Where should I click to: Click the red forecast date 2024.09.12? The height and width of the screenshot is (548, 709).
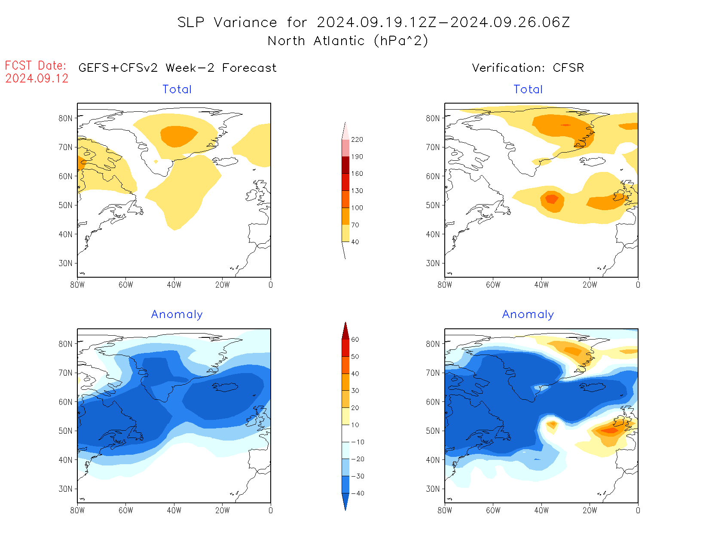coord(37,79)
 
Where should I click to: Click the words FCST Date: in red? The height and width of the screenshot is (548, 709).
coord(36,66)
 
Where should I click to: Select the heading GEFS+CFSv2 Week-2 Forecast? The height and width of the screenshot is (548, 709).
coord(177,68)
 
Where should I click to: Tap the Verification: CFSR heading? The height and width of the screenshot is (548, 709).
coord(528,68)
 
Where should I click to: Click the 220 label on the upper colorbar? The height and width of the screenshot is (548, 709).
coord(357,140)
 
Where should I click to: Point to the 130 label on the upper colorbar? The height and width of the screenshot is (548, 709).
coord(357,191)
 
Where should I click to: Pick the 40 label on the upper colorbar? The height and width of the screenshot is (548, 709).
coord(355,242)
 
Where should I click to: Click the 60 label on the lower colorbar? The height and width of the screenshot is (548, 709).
coord(355,340)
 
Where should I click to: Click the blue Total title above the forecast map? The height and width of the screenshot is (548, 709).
coord(177,89)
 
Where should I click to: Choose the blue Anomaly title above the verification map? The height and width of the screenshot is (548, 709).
coord(528,315)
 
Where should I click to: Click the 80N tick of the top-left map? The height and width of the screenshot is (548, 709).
coord(65,118)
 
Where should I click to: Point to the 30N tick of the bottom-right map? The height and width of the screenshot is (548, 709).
coord(433,489)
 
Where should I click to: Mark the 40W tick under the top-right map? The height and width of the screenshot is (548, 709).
coord(541,285)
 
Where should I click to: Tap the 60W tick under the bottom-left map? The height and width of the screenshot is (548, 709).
coord(126,511)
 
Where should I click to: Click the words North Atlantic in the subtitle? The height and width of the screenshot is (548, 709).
coord(316,41)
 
